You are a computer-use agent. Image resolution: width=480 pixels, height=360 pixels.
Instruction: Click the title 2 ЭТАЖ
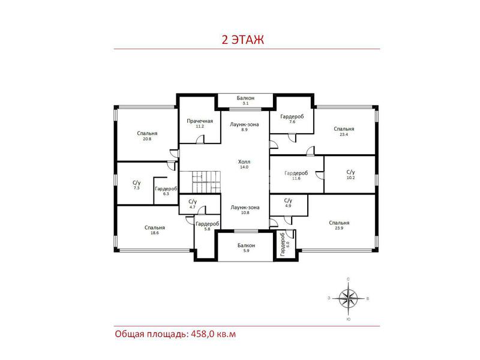[x=242, y=40]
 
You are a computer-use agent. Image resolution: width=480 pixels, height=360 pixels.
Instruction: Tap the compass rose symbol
[x=349, y=298]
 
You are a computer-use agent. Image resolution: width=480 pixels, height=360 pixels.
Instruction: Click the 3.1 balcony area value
[x=245, y=103]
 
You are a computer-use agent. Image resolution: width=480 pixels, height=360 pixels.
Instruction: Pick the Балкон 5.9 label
[x=246, y=248]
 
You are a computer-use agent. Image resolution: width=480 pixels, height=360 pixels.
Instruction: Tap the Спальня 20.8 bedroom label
[x=147, y=136]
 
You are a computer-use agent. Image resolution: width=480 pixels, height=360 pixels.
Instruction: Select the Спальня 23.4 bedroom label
[x=344, y=131]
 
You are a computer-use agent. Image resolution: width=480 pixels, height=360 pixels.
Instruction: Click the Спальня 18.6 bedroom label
[x=155, y=230]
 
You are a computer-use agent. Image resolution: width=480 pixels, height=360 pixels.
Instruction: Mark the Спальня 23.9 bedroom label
[x=339, y=226]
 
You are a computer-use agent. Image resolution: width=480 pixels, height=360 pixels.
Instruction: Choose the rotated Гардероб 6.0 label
[x=284, y=244]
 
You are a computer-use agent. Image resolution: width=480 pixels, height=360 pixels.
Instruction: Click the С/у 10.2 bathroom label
[x=350, y=175]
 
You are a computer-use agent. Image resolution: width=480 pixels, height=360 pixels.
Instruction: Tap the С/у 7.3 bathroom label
[x=137, y=185]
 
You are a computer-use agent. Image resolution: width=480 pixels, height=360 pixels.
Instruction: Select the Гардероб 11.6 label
[x=296, y=175]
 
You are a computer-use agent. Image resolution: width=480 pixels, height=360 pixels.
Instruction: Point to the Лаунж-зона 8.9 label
[x=244, y=127]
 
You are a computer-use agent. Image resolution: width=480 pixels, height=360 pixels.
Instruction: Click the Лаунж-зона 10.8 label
[x=245, y=209]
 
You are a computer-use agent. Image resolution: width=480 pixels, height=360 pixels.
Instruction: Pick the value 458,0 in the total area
[x=202, y=334]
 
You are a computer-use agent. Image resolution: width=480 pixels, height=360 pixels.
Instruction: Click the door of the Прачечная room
[x=200, y=140]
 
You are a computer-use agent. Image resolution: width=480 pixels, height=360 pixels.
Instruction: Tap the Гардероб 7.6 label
[x=292, y=119]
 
